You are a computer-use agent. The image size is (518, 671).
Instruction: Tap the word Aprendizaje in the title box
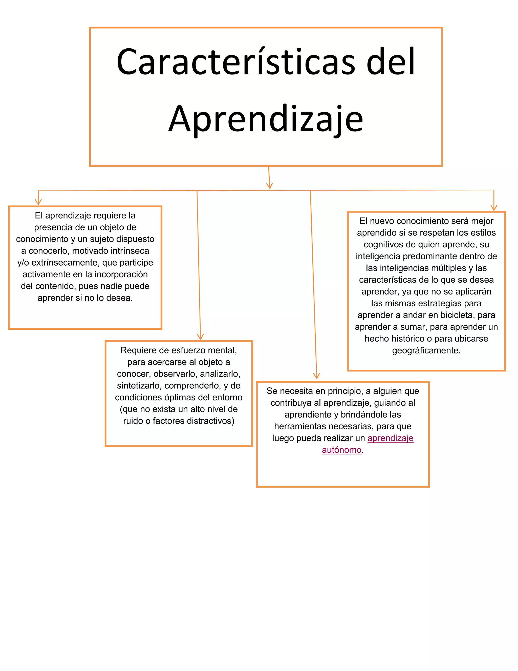(x=266, y=119)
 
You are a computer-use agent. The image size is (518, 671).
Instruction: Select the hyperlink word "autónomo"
(x=341, y=450)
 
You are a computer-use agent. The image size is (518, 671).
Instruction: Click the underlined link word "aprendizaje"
(x=390, y=438)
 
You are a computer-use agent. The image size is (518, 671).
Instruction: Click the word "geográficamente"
(x=426, y=350)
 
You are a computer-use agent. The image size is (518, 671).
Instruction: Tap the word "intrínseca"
(x=130, y=251)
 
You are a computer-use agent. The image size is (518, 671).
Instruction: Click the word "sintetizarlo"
(x=138, y=386)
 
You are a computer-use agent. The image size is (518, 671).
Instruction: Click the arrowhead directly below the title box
(x=269, y=186)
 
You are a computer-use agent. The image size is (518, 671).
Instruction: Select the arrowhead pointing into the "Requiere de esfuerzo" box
(x=200, y=337)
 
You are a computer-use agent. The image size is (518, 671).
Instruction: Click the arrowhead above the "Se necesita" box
(x=316, y=376)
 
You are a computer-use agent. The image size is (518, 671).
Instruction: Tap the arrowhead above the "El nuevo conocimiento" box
(x=493, y=208)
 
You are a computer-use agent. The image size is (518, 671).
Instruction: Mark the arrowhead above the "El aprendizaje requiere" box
(x=38, y=202)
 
